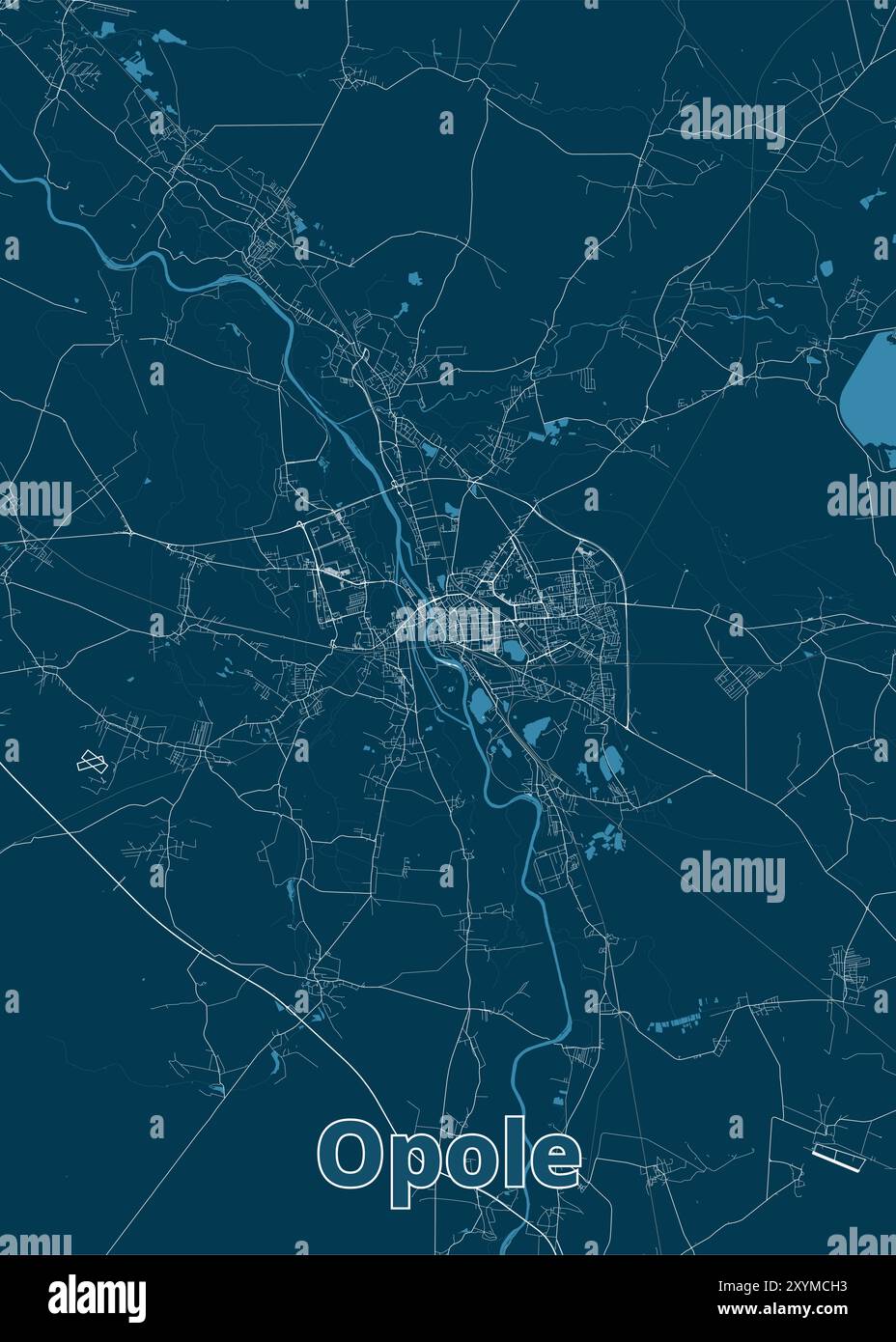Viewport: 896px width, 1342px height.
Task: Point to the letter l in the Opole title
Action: click(513, 1152)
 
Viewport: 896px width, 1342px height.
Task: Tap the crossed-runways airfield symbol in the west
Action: click(91, 761)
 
